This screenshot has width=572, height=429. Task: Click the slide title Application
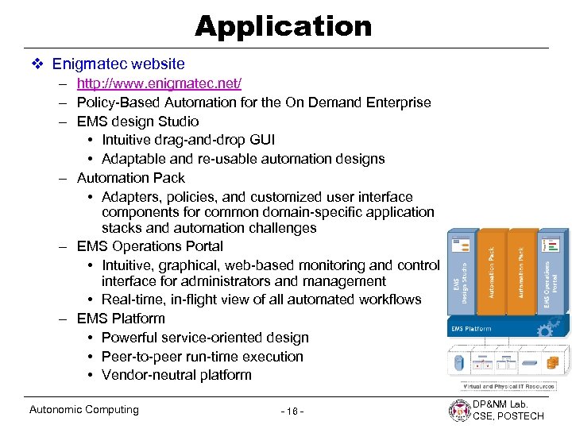tap(283, 26)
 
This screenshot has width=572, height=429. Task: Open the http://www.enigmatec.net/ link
tap(159, 83)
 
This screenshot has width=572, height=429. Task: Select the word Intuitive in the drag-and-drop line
tap(130, 140)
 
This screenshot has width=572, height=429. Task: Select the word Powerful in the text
tap(129, 338)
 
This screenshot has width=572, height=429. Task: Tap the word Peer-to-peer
tap(140, 357)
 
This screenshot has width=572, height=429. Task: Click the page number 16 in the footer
tap(292, 411)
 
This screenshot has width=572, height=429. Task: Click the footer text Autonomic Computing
tap(83, 410)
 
